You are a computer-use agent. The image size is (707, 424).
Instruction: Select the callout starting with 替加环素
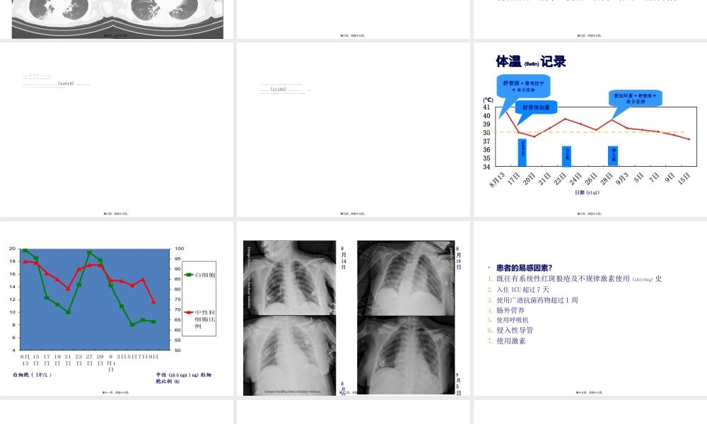point(635,98)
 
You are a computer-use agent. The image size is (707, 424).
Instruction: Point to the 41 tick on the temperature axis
point(486,107)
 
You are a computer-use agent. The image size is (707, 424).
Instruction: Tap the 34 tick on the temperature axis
point(486,167)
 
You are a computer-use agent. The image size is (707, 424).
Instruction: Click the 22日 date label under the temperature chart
point(561,177)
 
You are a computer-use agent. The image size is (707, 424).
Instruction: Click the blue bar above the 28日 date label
point(613,155)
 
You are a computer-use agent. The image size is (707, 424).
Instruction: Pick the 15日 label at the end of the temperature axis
point(684,177)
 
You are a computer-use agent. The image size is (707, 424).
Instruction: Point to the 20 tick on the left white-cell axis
point(12,249)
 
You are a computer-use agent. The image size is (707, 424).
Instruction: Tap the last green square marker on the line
point(153,322)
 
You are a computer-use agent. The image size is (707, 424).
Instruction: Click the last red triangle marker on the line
point(153,302)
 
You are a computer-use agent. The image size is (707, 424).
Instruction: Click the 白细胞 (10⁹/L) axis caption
point(32,375)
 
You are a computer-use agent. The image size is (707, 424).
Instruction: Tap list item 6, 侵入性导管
point(515,330)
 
